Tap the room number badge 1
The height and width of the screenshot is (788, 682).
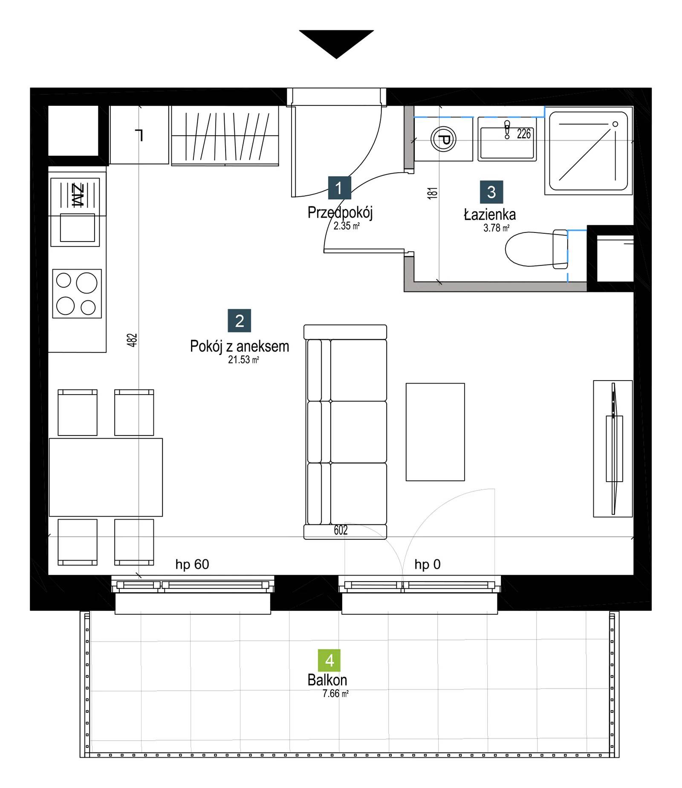click(339, 188)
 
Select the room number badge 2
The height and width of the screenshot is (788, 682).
click(240, 320)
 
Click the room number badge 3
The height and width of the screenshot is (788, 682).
click(491, 192)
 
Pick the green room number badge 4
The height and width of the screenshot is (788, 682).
click(329, 660)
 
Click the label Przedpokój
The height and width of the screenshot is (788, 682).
click(340, 212)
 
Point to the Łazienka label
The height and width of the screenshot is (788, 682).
click(490, 214)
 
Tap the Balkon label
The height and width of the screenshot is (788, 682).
click(327, 680)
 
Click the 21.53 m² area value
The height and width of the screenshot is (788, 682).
click(243, 360)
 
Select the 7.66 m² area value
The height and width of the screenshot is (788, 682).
click(335, 694)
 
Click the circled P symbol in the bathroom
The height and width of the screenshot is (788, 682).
click(443, 139)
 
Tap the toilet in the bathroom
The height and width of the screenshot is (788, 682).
click(536, 249)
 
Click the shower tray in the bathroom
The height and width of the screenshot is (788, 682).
click(588, 151)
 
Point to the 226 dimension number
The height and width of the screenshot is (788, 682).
click(524, 134)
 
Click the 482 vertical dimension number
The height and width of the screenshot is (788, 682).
click(132, 340)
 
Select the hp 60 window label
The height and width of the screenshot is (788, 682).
click(192, 564)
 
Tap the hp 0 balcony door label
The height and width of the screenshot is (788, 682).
click(428, 564)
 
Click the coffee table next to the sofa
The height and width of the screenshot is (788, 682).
click(435, 432)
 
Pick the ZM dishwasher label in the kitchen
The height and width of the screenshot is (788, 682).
click(78, 195)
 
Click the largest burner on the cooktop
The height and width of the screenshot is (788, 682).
click(87, 283)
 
